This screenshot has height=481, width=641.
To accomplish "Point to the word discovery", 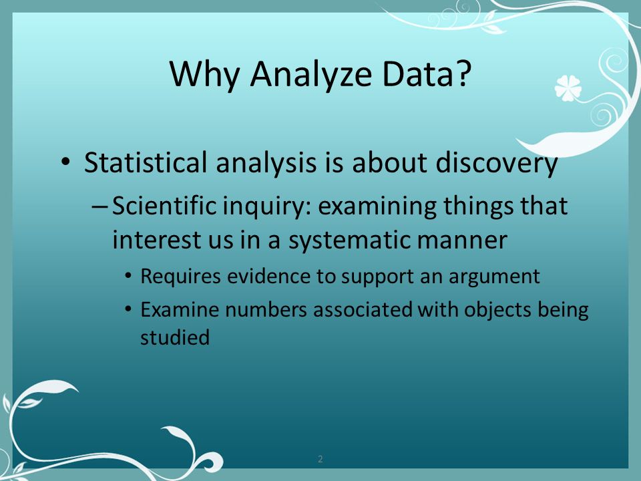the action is point(496,164).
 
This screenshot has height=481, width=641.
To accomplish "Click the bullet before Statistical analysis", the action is point(65,161).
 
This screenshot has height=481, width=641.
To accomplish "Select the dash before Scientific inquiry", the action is point(99,206).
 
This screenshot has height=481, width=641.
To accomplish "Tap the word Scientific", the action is point(164,205).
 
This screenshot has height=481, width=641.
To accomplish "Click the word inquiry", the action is point(267,207).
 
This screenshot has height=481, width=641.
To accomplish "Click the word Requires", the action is point(181,277).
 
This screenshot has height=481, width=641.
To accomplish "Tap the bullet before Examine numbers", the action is point(128,309).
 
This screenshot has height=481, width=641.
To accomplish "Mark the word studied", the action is point(175,337).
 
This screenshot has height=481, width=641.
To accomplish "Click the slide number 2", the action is point(320,459).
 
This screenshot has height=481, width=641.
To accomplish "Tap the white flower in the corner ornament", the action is point(568,88).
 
